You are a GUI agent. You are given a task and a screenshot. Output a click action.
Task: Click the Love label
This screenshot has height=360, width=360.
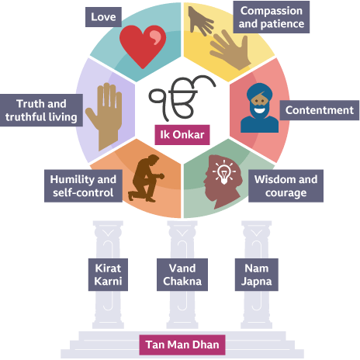coord(103,17)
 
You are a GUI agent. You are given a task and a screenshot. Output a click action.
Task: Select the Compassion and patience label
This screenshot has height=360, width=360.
coord(272,17)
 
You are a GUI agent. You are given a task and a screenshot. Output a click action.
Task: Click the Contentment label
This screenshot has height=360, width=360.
coord(320,110)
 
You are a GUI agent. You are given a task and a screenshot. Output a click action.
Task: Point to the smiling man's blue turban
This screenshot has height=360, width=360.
coord(259,92)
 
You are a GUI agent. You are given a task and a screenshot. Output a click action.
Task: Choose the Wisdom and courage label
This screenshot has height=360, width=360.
coord(286,186)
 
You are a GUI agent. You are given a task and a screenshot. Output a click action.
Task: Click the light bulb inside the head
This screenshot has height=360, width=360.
coord(224,172)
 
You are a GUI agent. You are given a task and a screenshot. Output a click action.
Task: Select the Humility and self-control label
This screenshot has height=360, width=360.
coord(83,186)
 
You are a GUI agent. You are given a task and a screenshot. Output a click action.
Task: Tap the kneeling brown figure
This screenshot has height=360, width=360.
coord(147,178)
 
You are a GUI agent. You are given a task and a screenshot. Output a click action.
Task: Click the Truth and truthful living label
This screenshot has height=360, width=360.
coord(41,110)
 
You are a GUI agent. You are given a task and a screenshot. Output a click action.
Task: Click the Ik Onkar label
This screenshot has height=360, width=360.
coord(182,135)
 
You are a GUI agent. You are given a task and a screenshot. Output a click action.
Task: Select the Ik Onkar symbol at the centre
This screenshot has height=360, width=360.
coord(182,99)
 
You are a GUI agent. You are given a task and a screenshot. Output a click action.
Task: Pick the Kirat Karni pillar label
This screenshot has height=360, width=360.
coord(108,275)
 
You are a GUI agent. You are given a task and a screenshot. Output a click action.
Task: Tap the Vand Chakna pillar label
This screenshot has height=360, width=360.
coord(182,275)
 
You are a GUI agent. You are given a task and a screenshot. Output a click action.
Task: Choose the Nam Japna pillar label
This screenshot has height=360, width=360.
coord(257,275)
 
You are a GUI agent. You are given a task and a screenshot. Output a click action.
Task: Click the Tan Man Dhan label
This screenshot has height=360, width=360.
coord(182,344)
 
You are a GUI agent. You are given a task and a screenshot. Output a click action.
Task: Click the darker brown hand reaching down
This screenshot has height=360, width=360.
coord(200,21)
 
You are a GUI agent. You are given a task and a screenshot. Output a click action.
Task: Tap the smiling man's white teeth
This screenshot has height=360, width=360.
coord(259,111)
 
